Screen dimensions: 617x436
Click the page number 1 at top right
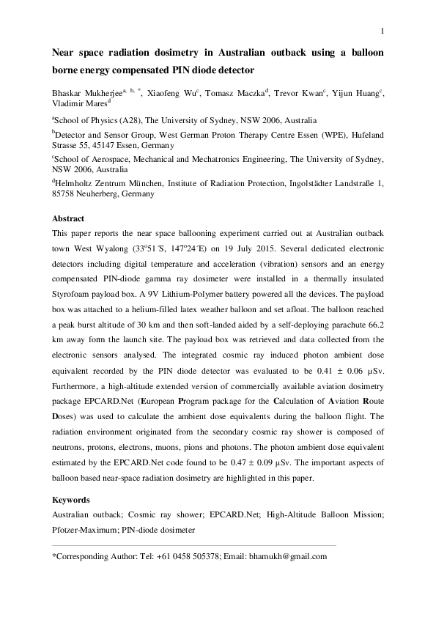pos(383,30)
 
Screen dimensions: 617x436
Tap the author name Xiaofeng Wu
pos(187,94)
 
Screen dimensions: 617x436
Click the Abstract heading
pos(68,219)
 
